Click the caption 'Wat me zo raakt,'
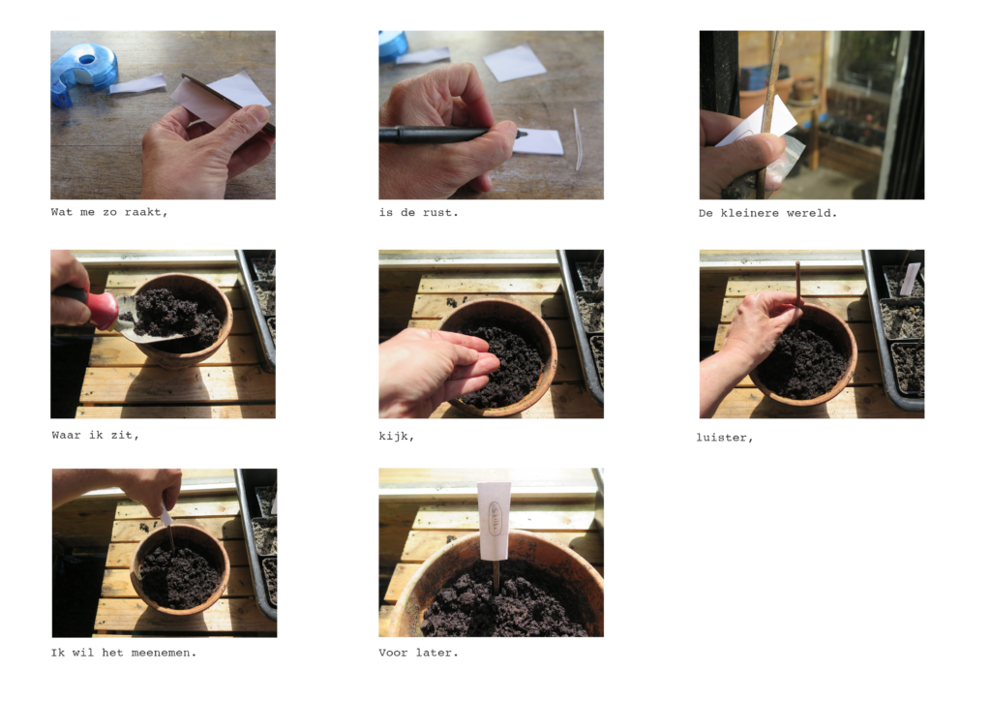pyautogui.click(x=109, y=212)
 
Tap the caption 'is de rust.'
pyautogui.click(x=418, y=213)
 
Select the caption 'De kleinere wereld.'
pyautogui.click(x=767, y=214)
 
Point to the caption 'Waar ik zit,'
pyautogui.click(x=96, y=436)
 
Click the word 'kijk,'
pyautogui.click(x=396, y=436)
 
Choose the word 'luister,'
pyautogui.click(x=724, y=438)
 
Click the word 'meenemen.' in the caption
pyautogui.click(x=164, y=653)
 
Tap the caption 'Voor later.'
pyautogui.click(x=418, y=653)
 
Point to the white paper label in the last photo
pyautogui.click(x=494, y=521)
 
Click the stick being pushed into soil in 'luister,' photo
pyautogui.click(x=798, y=290)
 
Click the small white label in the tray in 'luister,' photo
pyautogui.click(x=910, y=279)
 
